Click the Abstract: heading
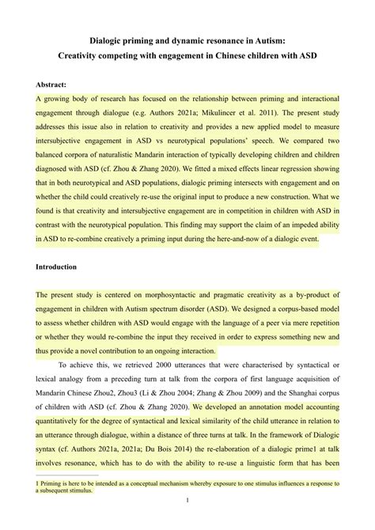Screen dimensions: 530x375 pos(51,84)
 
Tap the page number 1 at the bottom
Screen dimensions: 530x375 pos(187,500)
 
